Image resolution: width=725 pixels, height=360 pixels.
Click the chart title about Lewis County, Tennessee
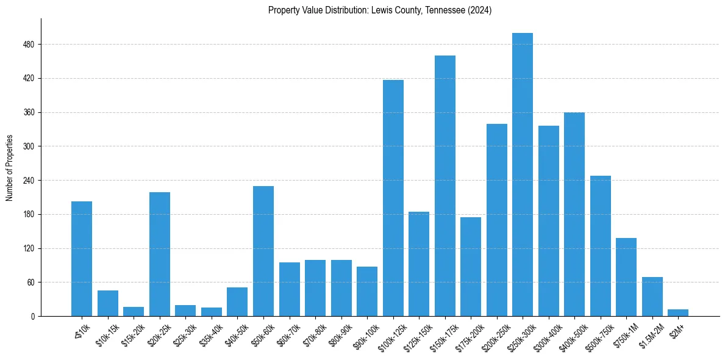point(379,10)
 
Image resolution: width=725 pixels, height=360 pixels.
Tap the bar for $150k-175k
point(445,186)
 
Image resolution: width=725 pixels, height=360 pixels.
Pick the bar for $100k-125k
point(393,198)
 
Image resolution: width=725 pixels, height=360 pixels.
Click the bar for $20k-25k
point(160,254)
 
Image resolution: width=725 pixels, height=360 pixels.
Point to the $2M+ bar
point(677,313)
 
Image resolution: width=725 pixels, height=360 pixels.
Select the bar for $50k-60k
point(263,251)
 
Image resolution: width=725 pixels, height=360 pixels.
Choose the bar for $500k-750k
point(600,246)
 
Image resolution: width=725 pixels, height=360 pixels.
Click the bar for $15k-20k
point(134,312)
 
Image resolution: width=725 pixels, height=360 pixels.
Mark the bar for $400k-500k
point(574,214)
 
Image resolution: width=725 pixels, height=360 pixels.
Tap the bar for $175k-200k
point(471,267)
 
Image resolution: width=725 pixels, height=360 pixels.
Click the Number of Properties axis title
point(10,168)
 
